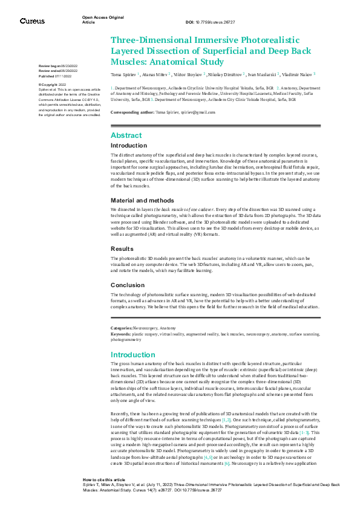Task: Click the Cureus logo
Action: pos(32,21)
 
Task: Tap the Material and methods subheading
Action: pos(142,200)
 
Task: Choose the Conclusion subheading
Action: pos(128,285)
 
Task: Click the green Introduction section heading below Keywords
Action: pos(133,354)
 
